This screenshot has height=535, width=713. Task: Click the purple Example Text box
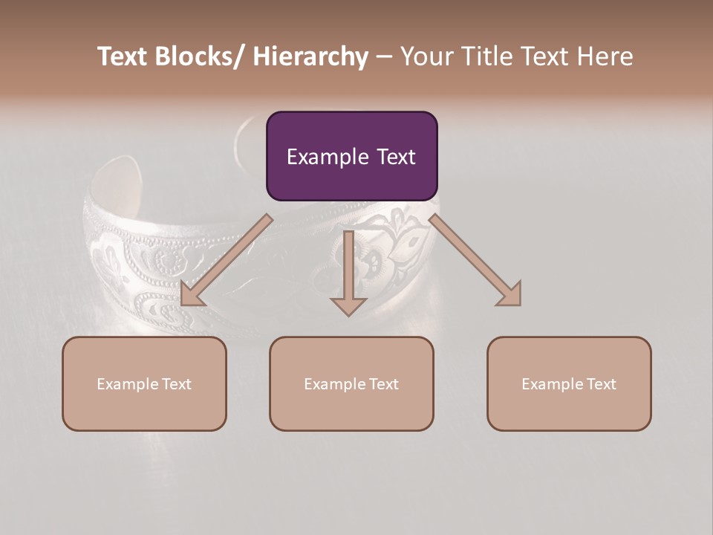pos(351,156)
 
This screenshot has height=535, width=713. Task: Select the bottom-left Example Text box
pos(144,383)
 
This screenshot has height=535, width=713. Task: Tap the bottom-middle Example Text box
pos(351,383)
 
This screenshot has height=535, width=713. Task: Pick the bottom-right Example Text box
pos(569,383)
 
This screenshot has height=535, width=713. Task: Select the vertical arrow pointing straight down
pos(348,272)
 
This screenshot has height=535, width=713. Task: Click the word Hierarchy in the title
pos(310,57)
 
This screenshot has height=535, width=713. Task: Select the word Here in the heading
pos(604,57)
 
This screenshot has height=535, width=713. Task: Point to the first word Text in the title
pos(123,57)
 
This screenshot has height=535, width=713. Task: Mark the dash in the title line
pos(384,57)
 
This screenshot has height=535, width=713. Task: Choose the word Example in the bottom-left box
pos(123,383)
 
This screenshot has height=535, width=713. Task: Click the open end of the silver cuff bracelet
pos(120,178)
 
